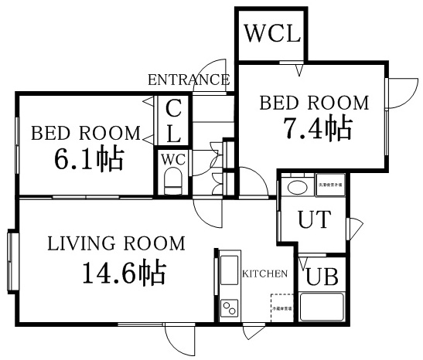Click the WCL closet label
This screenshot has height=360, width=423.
[x=271, y=34]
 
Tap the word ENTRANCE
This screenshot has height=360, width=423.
[x=188, y=80]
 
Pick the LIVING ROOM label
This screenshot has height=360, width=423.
[x=117, y=244]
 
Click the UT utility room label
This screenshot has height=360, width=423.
[x=314, y=220]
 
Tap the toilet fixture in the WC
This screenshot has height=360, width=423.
[x=173, y=183]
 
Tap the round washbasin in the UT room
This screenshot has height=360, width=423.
[x=295, y=188]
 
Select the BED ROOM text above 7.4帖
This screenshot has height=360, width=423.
[x=314, y=103]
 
